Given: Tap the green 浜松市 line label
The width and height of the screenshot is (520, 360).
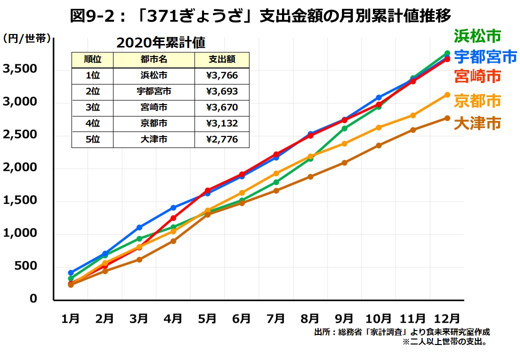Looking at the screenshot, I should (x=477, y=36).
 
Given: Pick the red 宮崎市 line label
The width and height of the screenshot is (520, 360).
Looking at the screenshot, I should (x=477, y=76).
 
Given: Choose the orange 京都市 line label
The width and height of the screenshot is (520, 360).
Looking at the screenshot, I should (x=477, y=100).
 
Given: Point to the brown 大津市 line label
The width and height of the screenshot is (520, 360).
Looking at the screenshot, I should (x=477, y=123).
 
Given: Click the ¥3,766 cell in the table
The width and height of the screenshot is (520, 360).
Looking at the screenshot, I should (x=221, y=75).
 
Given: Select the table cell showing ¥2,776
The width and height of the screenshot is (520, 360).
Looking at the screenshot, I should (x=221, y=139).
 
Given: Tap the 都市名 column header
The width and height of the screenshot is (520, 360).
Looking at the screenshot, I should (x=153, y=59).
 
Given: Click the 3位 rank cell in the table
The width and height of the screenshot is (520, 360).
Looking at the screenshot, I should (x=92, y=107).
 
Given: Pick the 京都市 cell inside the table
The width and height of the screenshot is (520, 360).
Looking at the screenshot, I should (x=153, y=123).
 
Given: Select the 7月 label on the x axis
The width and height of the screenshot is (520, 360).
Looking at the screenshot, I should (x=275, y=318).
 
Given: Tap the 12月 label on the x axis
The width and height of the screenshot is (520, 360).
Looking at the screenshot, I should (x=446, y=318).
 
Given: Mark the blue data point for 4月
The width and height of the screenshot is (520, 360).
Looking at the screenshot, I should (x=173, y=207).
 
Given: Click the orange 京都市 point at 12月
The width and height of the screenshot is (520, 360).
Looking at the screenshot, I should (x=447, y=94).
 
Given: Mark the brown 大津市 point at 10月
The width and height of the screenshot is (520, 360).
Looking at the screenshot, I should (x=379, y=145).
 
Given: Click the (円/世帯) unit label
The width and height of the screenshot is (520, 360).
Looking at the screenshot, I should (x=27, y=39).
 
